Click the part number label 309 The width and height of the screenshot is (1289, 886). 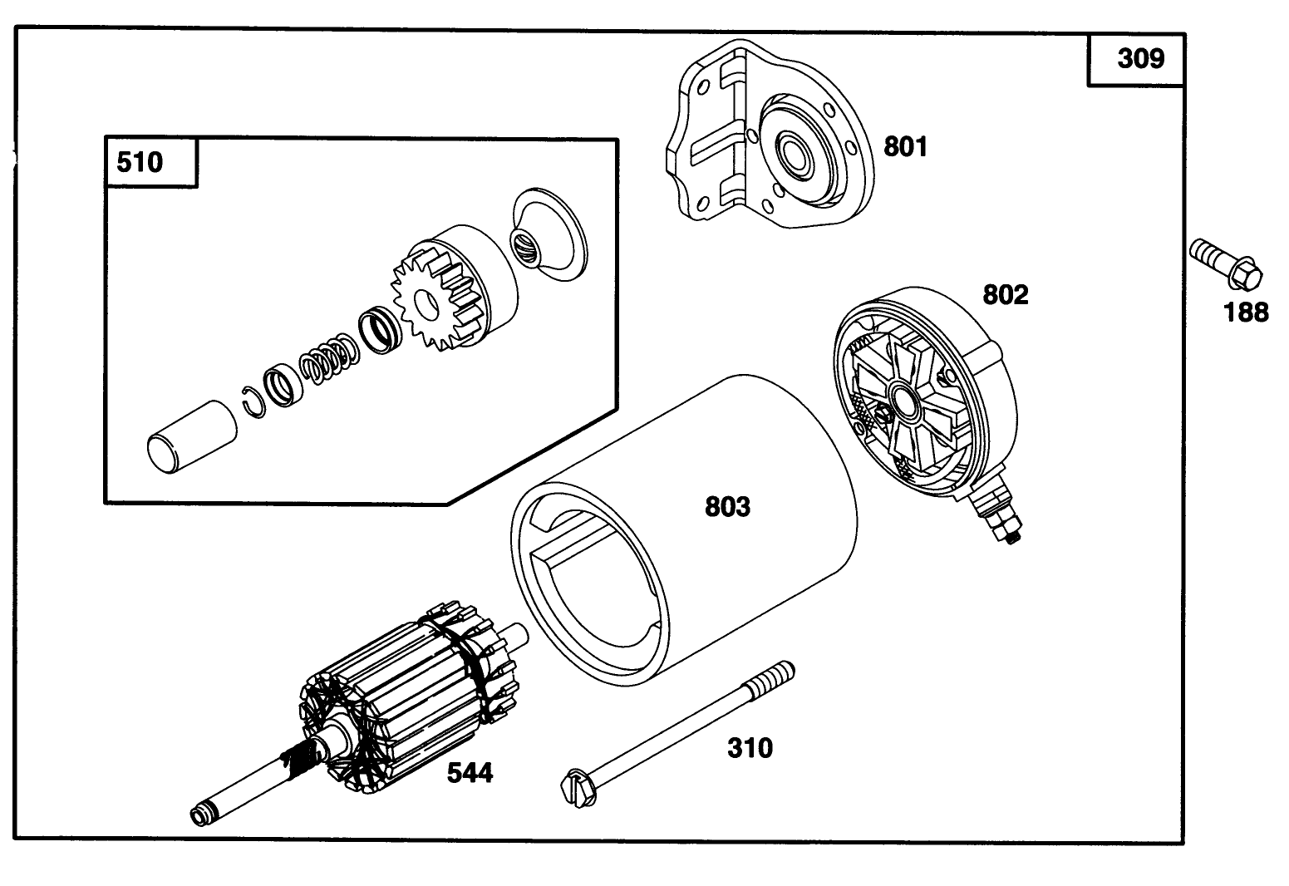(x=1140, y=60)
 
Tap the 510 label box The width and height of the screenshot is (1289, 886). (x=140, y=162)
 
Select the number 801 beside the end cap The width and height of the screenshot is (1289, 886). (x=905, y=147)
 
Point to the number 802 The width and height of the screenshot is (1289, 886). (x=1005, y=295)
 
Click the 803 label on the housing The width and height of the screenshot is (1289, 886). (x=727, y=507)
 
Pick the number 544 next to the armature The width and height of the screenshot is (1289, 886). (x=470, y=774)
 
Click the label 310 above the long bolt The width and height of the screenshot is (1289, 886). (x=750, y=748)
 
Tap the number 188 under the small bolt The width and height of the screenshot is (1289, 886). (x=1246, y=313)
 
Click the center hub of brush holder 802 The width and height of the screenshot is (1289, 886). (x=901, y=399)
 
